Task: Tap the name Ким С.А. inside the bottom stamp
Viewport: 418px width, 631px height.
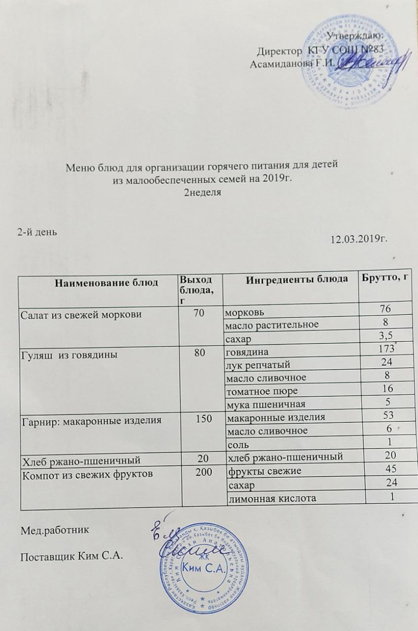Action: pos(204,569)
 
